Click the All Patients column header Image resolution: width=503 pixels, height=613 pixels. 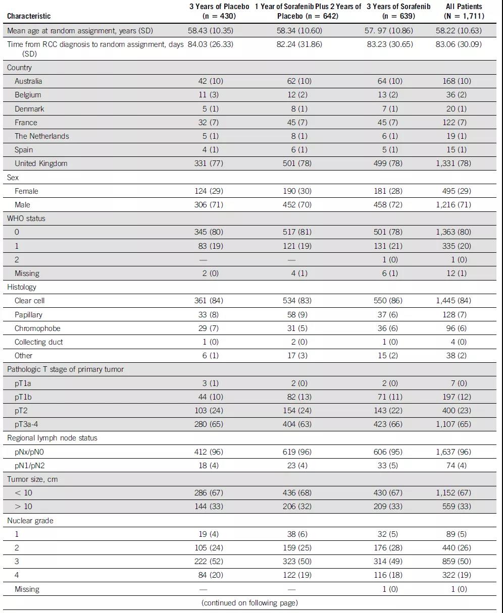click(464, 11)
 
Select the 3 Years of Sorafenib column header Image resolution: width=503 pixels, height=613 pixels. click(398, 11)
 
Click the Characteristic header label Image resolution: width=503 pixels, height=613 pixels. click(29, 16)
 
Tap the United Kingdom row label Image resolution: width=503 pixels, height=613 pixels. click(41, 163)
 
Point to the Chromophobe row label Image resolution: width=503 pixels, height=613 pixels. click(37, 328)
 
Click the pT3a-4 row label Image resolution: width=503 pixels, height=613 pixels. click(26, 424)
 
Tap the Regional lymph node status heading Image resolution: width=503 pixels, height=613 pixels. click(52, 438)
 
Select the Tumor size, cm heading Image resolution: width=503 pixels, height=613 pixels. click(32, 479)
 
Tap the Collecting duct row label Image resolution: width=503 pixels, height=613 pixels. click(38, 342)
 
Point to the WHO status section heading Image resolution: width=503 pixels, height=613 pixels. click(26, 218)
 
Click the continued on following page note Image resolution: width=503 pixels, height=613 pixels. click(249, 603)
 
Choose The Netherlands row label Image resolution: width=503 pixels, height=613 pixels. click(42, 136)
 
